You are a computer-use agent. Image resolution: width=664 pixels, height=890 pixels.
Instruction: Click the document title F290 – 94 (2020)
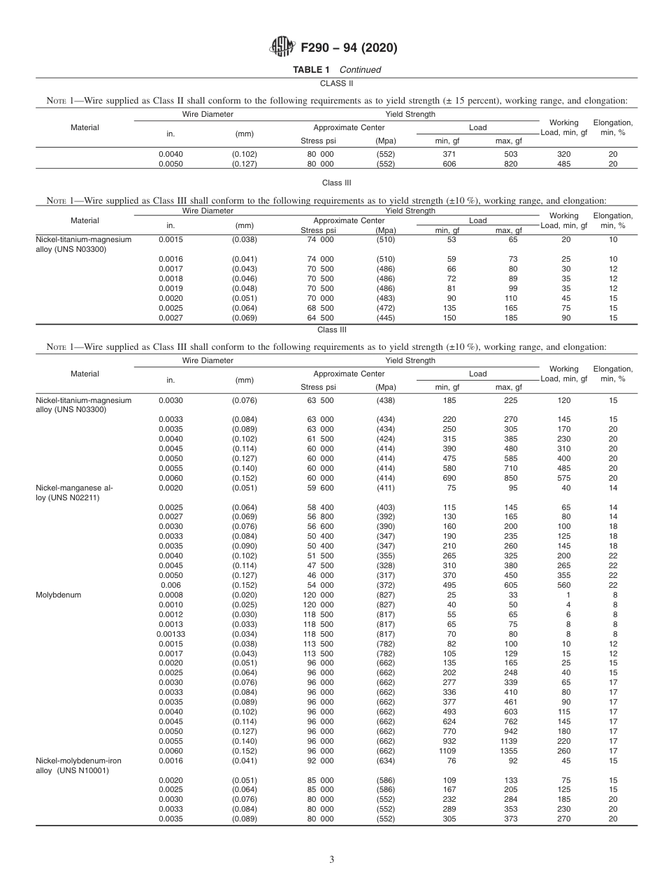coord(349,48)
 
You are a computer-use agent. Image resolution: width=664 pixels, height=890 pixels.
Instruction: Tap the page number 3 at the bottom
coord(331,860)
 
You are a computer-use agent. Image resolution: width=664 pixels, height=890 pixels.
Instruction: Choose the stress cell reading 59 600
coord(320,487)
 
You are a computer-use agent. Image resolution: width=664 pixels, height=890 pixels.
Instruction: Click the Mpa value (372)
coord(386,584)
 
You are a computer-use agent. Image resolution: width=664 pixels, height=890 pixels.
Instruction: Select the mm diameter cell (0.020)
coord(245,594)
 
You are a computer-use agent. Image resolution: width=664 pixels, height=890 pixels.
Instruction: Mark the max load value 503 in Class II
coord(511,154)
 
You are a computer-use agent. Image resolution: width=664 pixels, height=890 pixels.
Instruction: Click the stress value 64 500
coord(320,318)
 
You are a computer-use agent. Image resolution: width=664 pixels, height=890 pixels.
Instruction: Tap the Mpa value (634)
coord(386,761)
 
